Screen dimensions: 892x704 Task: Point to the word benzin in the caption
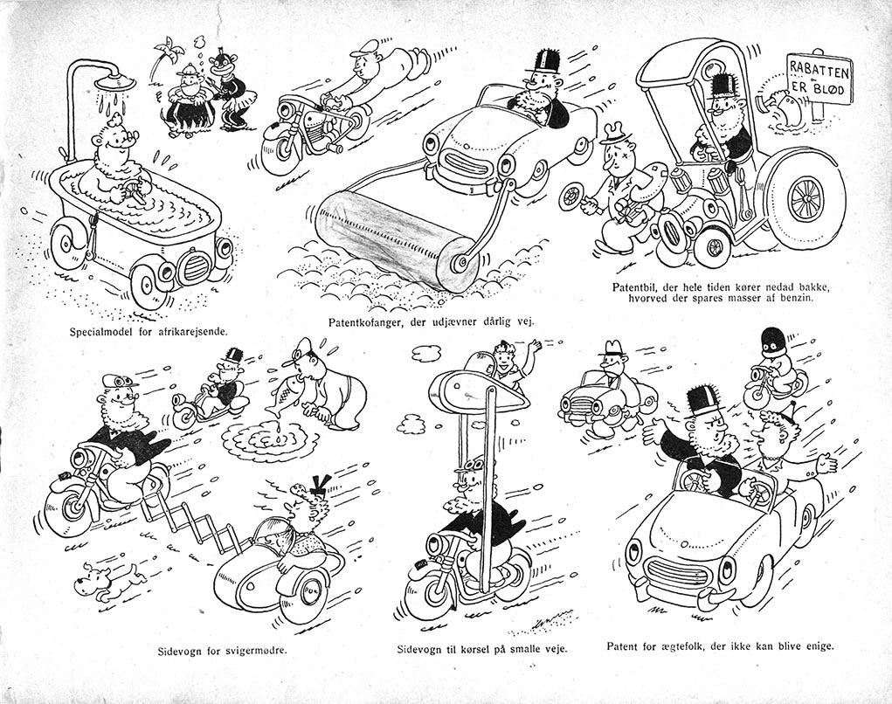point(799,297)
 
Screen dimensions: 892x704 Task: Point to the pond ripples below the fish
point(266,438)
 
